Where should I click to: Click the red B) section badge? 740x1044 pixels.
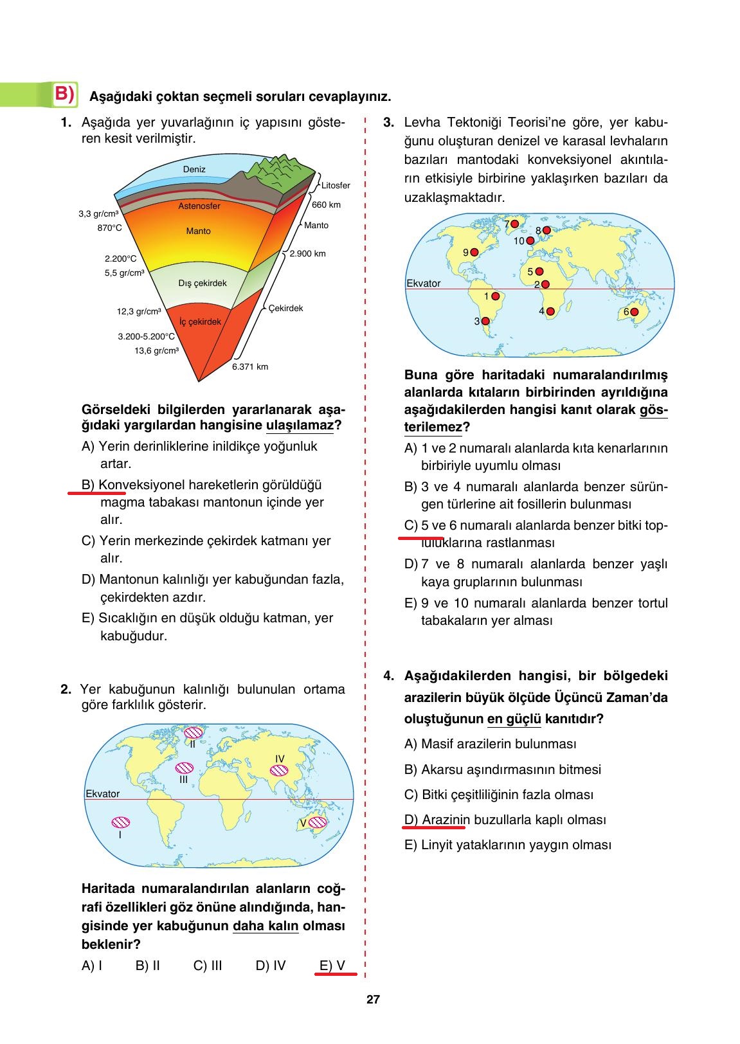coord(64,94)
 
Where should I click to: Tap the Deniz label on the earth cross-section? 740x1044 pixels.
coord(194,169)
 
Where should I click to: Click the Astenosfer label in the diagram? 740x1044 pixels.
coord(199,206)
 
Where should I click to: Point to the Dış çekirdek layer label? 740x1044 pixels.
coord(202,283)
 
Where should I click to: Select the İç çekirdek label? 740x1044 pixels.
coord(200,321)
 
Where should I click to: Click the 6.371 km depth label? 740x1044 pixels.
coord(249,366)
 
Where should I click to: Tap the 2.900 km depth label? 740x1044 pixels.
coord(307,253)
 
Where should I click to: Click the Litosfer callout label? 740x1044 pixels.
coord(335,185)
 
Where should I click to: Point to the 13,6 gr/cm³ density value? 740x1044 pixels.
coord(156,350)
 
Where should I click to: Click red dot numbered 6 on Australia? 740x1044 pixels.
coord(634,312)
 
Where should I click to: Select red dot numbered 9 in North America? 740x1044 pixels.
coord(475,253)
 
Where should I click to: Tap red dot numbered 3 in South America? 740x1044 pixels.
coord(486,321)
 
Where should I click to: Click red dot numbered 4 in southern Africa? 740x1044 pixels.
coord(550,311)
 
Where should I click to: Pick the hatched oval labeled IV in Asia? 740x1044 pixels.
coord(279,770)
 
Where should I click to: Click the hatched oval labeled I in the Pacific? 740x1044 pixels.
coord(120,822)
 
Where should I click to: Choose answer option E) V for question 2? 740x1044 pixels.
coord(332,965)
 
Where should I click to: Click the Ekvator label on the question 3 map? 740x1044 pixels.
coord(423,283)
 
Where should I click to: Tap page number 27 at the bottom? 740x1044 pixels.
coord(373,1000)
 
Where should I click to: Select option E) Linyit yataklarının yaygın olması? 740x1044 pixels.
coord(507,845)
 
